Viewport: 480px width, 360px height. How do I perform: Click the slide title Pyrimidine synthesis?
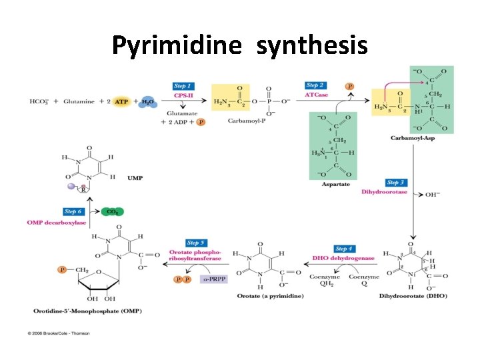239,45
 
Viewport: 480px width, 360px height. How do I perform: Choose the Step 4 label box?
344,249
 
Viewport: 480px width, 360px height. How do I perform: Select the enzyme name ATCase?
316,95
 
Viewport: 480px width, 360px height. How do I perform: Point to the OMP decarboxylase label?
57,222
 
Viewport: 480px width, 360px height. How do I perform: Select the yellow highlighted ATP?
121,101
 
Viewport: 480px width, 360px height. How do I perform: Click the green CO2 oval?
112,212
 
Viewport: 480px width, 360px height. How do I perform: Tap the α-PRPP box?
214,279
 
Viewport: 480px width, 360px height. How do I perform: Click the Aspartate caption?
336,183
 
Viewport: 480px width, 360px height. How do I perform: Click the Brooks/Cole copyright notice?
59,333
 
